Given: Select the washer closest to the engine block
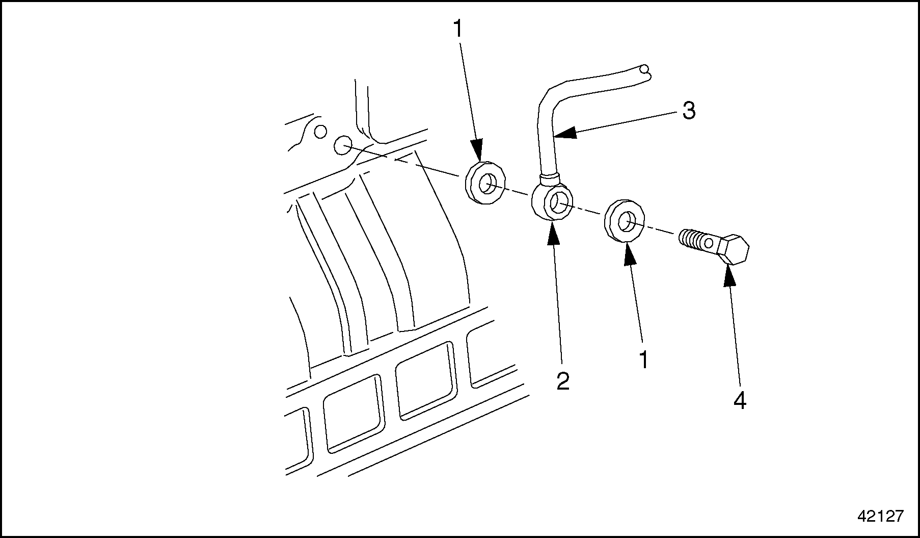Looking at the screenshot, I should point(486,183).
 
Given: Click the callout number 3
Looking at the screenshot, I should point(689,111).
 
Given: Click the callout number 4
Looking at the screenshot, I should point(740,401).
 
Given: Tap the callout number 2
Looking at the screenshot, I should point(562,381).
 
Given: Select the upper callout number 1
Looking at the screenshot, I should point(458,29).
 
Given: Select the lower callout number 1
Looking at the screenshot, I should point(644,360).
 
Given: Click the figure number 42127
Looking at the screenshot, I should point(880,516).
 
